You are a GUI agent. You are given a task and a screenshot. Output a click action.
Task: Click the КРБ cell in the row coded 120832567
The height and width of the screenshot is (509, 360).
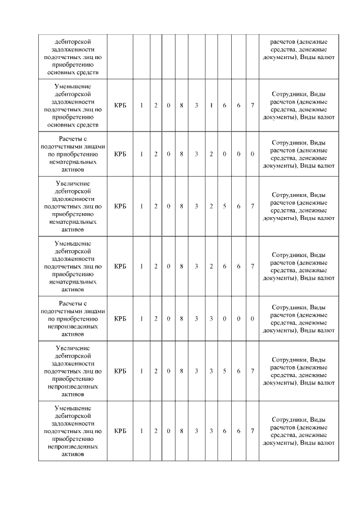(x=120, y=206)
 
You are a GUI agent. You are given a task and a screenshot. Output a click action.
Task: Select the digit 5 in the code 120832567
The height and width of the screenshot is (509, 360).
(x=224, y=206)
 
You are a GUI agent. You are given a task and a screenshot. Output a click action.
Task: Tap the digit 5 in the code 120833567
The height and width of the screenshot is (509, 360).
(x=224, y=371)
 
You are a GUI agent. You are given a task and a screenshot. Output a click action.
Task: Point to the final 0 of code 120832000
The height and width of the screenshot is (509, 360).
(x=252, y=154)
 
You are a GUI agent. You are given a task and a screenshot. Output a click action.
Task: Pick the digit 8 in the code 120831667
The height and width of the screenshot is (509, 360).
(x=182, y=105)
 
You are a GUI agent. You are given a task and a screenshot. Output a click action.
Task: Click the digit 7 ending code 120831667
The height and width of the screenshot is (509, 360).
(x=252, y=105)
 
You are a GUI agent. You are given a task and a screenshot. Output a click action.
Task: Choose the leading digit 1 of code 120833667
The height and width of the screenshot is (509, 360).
(x=142, y=431)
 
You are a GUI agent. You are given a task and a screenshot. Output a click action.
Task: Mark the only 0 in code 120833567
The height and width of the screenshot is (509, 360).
(x=169, y=371)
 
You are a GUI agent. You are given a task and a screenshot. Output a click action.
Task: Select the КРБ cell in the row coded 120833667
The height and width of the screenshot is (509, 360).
(x=120, y=431)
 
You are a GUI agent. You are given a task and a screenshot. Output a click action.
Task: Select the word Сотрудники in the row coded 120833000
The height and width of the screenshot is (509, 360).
(x=289, y=307)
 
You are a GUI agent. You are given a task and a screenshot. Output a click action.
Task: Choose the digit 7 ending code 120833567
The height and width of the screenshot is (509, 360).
(x=252, y=371)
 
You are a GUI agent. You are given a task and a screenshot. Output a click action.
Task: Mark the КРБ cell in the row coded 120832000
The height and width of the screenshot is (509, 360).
(x=120, y=154)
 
